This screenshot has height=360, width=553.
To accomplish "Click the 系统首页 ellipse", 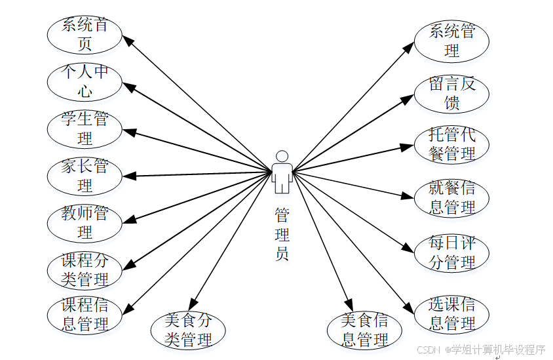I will (85, 35).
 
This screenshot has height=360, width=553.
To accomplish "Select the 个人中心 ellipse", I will (85, 81).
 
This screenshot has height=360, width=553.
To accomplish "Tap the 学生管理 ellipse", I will (85, 129).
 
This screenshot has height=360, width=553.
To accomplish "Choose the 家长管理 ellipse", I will (85, 176).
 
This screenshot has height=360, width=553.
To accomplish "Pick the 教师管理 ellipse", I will (85, 223).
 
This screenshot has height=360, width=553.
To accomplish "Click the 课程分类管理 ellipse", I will (85, 270).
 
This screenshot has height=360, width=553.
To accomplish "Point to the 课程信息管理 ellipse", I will (85, 315).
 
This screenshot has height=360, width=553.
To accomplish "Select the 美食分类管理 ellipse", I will (188, 330).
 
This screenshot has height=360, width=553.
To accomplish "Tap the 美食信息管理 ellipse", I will (365, 330).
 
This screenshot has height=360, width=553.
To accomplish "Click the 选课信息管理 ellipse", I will (451, 314).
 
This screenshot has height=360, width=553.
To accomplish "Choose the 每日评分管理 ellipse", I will (451, 253).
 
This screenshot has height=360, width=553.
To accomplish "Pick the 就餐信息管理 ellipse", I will (451, 198).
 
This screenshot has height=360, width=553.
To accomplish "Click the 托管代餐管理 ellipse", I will (451, 144).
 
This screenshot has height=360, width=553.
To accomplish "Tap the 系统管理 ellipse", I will (451, 41).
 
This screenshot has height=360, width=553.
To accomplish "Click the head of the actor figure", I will (282, 156).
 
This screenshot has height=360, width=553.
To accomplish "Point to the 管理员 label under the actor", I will (282, 234).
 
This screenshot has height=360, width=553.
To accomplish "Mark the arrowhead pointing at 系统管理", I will (409, 49).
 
